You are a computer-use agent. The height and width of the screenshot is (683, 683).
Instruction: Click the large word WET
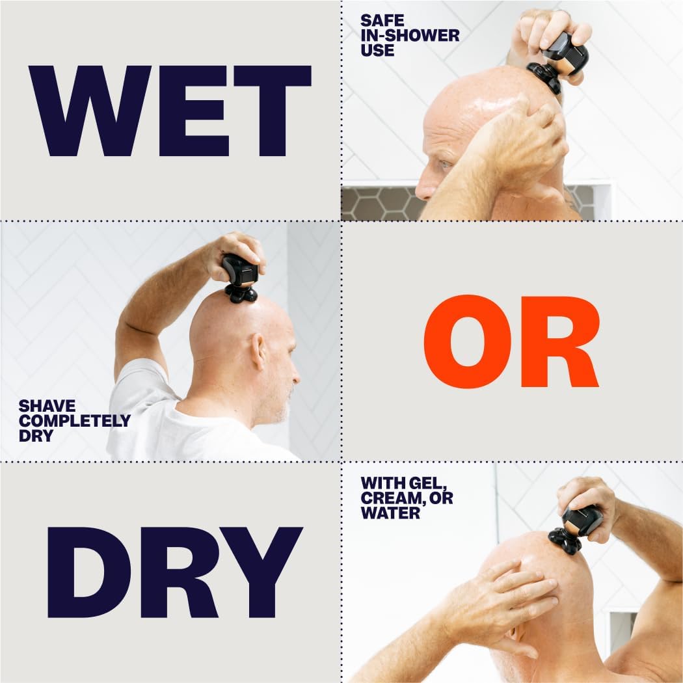pyautogui.click(x=170, y=111)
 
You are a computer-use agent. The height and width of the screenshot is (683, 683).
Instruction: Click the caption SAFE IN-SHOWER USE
pyautogui.click(x=410, y=35)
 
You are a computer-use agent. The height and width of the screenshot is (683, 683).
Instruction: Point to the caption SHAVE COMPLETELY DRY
pyautogui.click(x=74, y=420)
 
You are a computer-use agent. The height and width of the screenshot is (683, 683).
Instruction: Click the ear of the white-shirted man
pyautogui.click(x=258, y=352)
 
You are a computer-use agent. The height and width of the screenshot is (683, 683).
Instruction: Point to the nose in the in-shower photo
pyautogui.click(x=424, y=189)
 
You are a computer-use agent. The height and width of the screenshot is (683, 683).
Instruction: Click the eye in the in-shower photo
pyautogui.click(x=445, y=165)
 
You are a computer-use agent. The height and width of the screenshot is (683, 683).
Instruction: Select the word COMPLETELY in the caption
pyautogui.click(x=74, y=420)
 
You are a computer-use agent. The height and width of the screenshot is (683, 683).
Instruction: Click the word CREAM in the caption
pyautogui.click(x=389, y=498)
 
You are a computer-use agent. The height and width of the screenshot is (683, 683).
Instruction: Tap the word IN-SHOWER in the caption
pyautogui.click(x=410, y=35)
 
